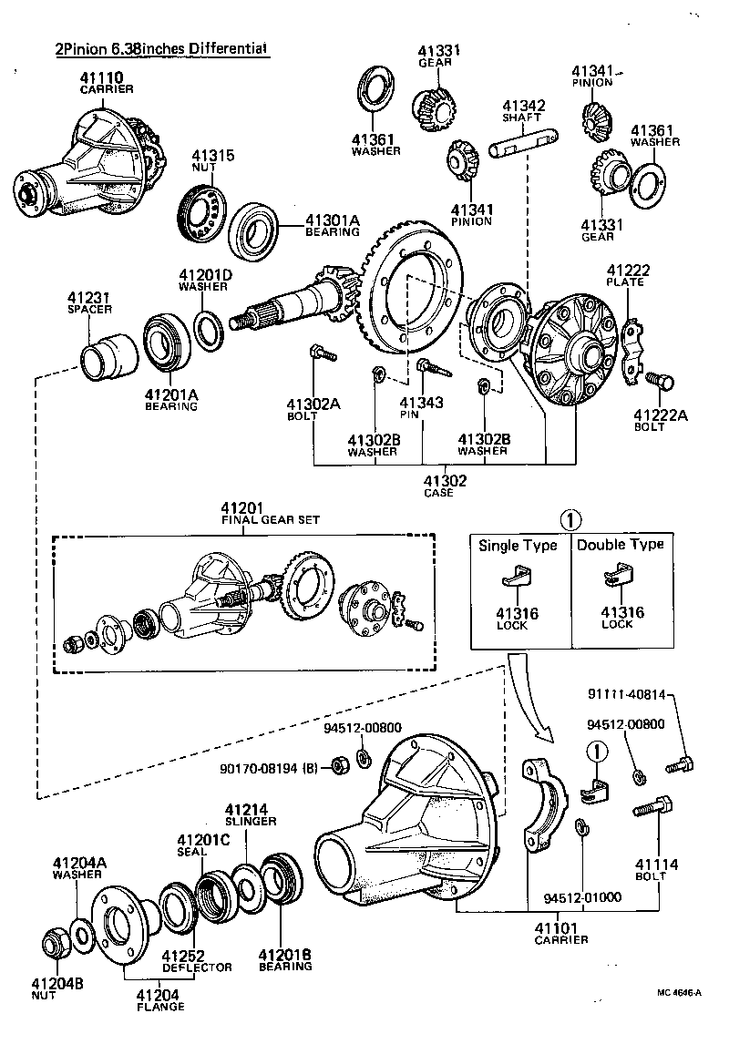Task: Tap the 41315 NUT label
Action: pyautogui.click(x=211, y=161)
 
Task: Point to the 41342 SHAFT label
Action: pyautogui.click(x=524, y=111)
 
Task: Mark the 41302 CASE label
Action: pyautogui.click(x=445, y=486)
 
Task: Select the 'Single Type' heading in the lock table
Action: pyautogui.click(x=518, y=546)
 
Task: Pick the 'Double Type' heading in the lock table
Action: pyautogui.click(x=621, y=545)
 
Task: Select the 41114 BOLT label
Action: pyautogui.click(x=651, y=869)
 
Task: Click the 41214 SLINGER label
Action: pyautogui.click(x=250, y=814)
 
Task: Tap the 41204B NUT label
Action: pyautogui.click(x=56, y=988)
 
